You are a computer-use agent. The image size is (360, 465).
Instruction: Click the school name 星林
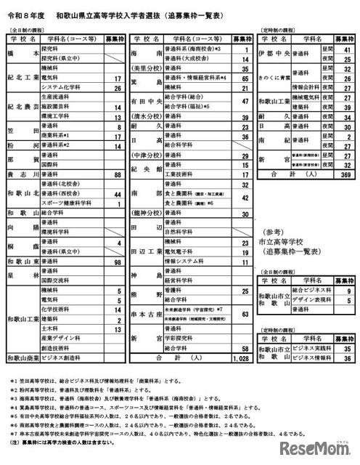[20, 275]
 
